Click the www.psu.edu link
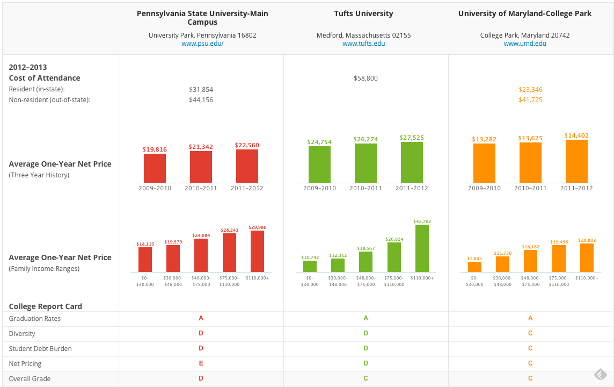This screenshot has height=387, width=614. pos(202,44)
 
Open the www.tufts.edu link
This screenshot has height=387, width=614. pos(363,44)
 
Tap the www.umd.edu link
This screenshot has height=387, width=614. pos(524,44)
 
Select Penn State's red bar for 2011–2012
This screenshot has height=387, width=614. pos(247,166)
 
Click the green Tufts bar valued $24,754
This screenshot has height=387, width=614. pos(319,164)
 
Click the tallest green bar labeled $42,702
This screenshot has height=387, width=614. pos(422,248)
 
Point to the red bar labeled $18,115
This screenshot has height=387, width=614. pos(145,259)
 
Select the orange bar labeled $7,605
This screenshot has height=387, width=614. pos(474,267)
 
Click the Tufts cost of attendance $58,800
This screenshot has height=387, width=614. pos(366,78)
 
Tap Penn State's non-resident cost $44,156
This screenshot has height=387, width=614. pos(201,100)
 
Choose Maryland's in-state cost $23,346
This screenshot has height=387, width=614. pos(530,90)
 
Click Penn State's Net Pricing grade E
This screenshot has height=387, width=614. pos(201,363)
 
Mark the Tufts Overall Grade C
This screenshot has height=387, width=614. pos(366,378)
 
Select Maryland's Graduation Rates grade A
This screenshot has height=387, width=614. pos(530,318)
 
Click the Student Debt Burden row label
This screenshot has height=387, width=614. pos(40,349)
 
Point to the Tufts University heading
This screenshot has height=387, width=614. pos(363,13)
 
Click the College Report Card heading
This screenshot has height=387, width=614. pos(46,306)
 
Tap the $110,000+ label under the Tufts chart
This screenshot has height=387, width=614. pos(422,278)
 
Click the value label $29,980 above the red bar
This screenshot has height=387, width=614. pos(257,227)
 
